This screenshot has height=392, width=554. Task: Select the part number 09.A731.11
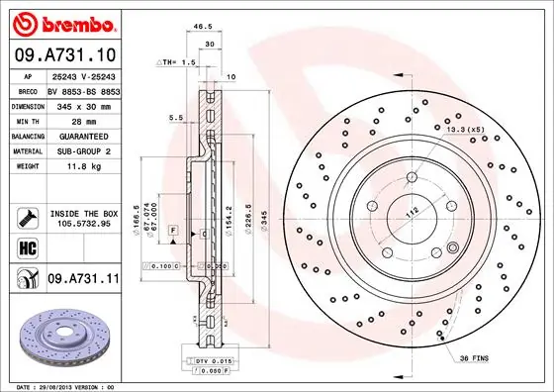(x=82, y=281)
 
